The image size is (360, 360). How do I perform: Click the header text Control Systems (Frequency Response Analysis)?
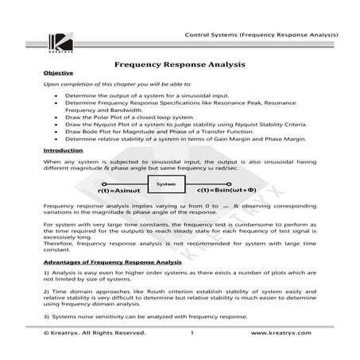[261, 35]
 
